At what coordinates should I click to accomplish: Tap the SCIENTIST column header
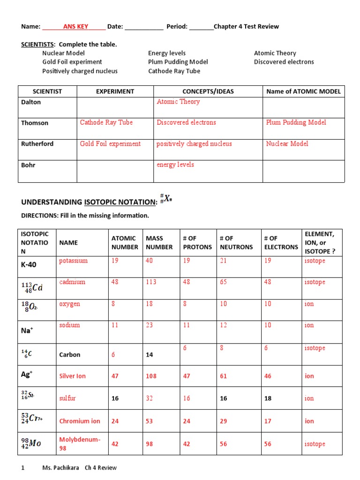tap(47, 91)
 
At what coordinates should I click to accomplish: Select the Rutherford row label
tap(37, 144)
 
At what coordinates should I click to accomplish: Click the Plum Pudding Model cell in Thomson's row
tap(296, 122)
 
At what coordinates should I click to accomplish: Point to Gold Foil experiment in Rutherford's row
tap(110, 144)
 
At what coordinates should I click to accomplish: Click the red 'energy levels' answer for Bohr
tap(175, 165)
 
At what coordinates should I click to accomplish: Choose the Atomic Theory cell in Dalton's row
tap(178, 101)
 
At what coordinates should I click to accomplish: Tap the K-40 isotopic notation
tap(29, 264)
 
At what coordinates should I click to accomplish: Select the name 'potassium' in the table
tap(73, 261)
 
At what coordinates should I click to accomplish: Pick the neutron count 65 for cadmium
tap(224, 282)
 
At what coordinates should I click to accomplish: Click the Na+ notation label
tap(27, 330)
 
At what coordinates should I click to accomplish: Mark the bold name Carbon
tap(69, 355)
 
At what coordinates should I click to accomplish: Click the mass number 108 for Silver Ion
tap(150, 376)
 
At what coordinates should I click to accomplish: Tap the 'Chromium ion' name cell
tap(80, 421)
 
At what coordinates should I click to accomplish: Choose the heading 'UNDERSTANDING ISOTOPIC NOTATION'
tap(89, 202)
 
